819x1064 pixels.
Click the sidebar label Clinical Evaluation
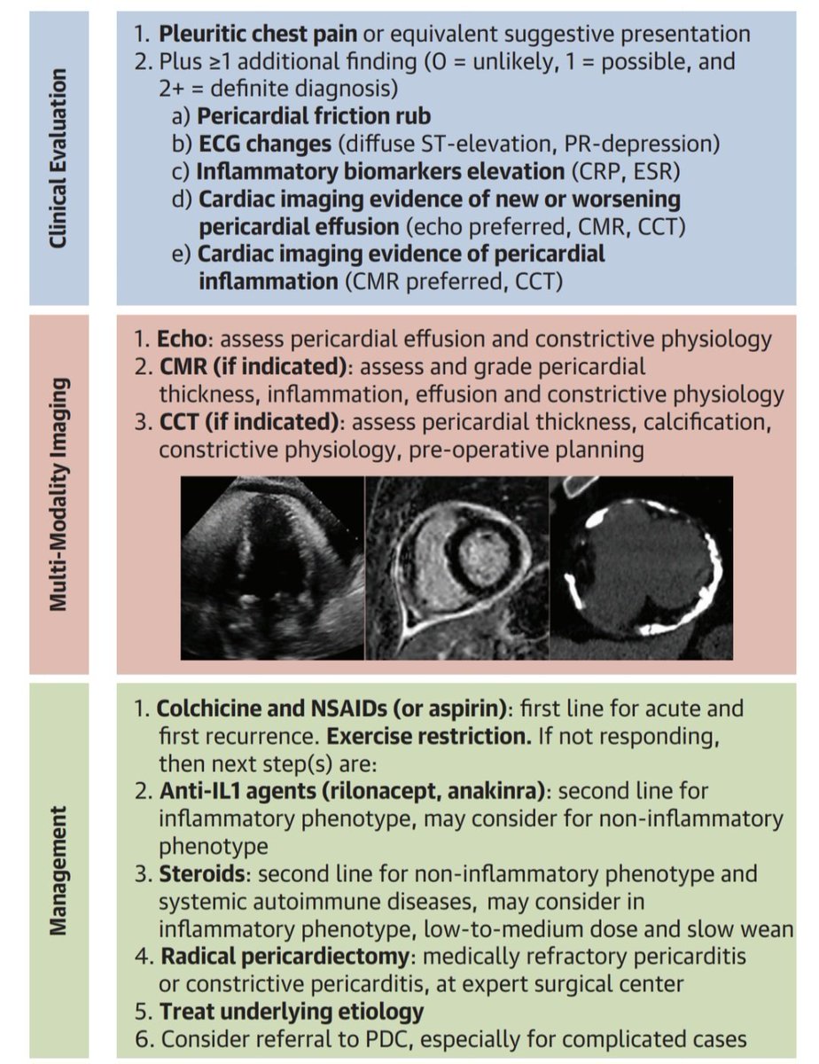click(58, 159)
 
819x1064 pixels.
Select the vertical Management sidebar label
click(58, 870)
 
